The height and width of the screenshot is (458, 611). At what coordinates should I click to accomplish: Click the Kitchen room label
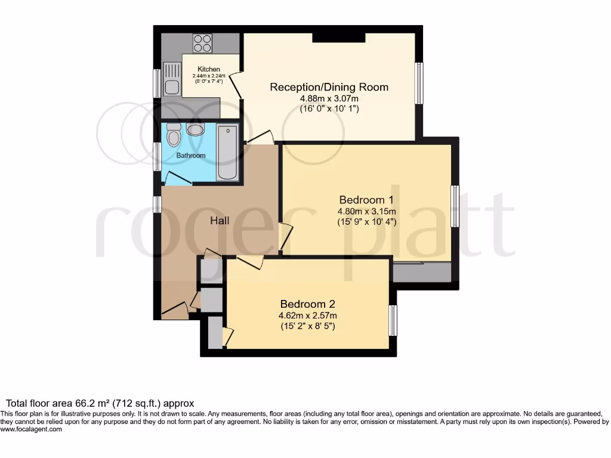tap(209, 69)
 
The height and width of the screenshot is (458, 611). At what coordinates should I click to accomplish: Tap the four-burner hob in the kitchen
tap(202, 44)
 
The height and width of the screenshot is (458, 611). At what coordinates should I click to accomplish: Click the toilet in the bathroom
tap(174, 135)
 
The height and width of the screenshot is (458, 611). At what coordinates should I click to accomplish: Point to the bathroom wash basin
tap(195, 129)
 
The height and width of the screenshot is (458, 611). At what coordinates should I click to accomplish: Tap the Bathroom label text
tap(191, 156)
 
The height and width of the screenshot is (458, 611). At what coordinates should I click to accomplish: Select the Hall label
tap(220, 221)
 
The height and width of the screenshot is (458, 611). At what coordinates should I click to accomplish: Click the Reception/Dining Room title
tap(329, 87)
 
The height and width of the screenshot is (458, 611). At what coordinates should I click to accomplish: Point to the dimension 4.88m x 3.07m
tap(329, 99)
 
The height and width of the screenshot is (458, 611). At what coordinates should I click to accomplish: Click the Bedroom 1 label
tap(366, 199)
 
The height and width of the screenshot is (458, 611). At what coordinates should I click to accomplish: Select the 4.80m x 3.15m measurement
tap(366, 211)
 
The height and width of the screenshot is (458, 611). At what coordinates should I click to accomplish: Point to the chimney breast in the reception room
tap(339, 38)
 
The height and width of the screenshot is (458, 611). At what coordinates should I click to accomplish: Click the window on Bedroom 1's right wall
tap(455, 206)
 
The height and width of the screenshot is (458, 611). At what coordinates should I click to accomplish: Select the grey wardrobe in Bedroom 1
tap(422, 272)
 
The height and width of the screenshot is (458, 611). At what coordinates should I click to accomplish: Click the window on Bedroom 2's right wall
tap(393, 320)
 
